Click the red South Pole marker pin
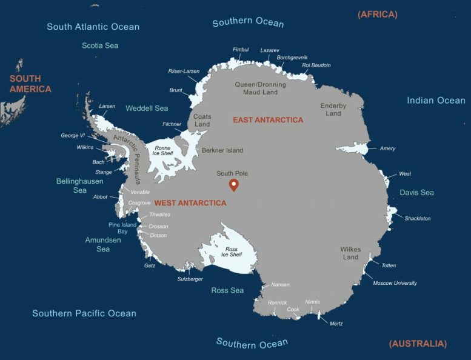tap(233, 185)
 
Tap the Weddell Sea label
tap(147, 108)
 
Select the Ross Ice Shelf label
tap(232, 251)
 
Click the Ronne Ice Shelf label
tap(162, 150)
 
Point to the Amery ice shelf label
tap(387, 148)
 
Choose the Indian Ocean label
tap(436, 101)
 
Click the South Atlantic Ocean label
tap(93, 27)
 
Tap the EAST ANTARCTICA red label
tap(268, 120)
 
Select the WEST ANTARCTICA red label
tap(190, 203)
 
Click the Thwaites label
tap(159, 215)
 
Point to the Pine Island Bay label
tap(122, 228)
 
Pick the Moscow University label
tap(395, 283)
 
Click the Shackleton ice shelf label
tap(418, 218)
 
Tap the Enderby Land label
tap(333, 110)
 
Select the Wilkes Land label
tap(350, 253)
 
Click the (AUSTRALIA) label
tap(418, 344)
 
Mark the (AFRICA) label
tap(378, 14)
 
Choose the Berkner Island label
tap(222, 150)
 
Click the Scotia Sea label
tap(100, 45)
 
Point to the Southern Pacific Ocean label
tap(84, 313)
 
